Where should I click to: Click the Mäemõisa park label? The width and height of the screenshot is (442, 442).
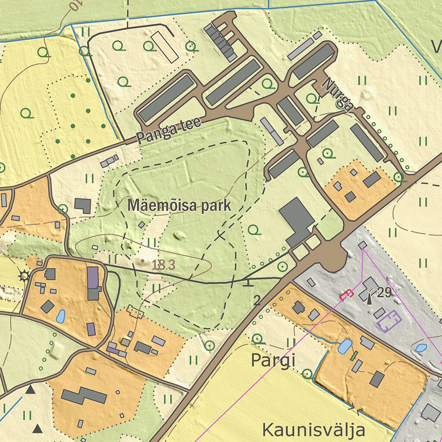coord(179,206)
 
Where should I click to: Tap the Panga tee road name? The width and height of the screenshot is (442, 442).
coord(169,131)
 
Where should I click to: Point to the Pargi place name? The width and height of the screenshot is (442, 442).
coord(273,360)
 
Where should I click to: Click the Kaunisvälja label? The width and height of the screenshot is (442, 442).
coord(314,430)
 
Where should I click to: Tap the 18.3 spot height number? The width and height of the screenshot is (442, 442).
coord(164,265)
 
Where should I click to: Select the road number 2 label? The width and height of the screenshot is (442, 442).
coord(257,300)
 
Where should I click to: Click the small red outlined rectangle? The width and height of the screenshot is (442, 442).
coord(346,294)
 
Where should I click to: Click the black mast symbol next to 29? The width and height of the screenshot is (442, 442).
coord(370,297)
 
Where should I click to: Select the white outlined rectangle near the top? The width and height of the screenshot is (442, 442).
coord(164,45)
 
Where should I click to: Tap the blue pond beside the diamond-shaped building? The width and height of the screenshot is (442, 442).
coord(60,316)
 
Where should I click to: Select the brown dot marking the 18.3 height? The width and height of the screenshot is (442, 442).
coord(143,261)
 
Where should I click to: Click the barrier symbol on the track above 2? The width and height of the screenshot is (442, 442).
coord(248,284)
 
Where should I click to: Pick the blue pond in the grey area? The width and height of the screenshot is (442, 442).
coord(421,347)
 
